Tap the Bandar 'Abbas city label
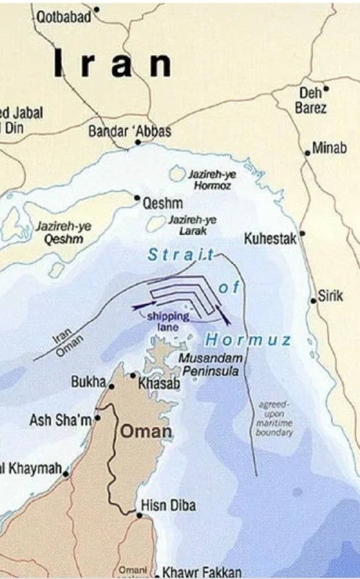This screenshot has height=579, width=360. pyautogui.click(x=129, y=131)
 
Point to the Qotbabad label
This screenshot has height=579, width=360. pyautogui.click(x=62, y=14)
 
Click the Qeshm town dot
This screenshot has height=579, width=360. pyautogui.click(x=137, y=197)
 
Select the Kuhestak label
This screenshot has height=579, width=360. pyautogui.click(x=270, y=238)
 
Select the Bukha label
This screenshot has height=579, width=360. pyautogui.click(x=88, y=381)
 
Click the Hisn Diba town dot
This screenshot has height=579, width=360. pyautogui.click(x=139, y=515)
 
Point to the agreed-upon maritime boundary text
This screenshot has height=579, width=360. pyautogui.click(x=274, y=418)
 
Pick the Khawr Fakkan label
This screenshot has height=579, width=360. pyautogui.click(x=202, y=572)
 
